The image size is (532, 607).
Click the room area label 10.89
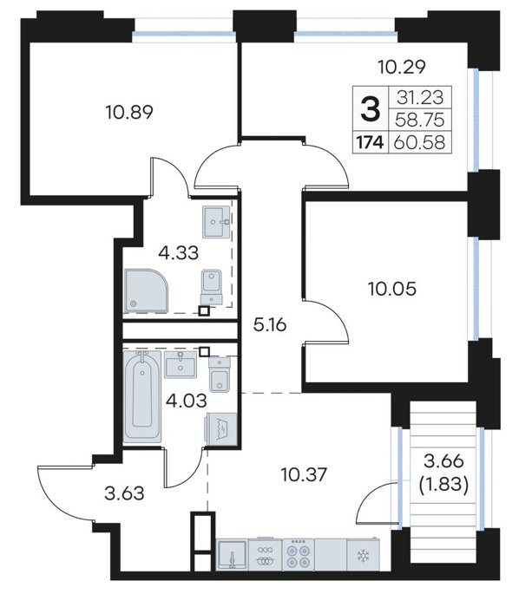[129, 112]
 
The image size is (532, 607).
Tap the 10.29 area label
[402, 67]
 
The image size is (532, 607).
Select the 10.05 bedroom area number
[392, 289]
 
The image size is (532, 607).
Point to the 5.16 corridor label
[270, 325]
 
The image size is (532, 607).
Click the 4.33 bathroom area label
[178, 253]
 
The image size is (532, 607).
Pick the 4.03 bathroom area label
[186, 401]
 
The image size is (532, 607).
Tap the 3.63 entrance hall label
[124, 493]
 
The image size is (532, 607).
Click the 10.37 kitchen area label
[304, 474]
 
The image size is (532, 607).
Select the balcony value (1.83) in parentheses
[444, 484]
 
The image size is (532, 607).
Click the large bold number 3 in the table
[371, 109]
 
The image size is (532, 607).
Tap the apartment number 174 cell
[370, 143]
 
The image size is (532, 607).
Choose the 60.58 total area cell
[419, 143]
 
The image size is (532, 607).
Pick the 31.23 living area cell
[420, 97]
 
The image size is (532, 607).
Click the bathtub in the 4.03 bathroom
[141, 395]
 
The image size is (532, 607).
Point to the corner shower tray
[147, 290]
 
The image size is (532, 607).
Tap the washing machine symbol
[220, 429]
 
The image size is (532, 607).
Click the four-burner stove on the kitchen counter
[298, 554]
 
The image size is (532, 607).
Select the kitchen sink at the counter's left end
[232, 555]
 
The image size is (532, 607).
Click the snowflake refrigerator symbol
[363, 557]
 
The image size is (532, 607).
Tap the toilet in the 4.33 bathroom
[211, 288]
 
